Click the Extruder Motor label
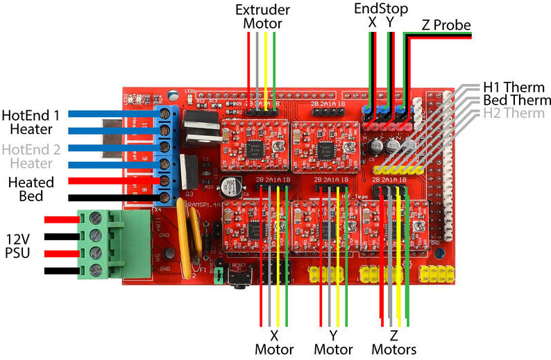(x=262, y=17)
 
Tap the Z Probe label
(x=445, y=26)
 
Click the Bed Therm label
(x=517, y=101)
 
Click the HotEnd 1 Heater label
(x=31, y=121)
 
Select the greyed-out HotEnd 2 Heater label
(x=31, y=155)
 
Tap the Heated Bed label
(x=31, y=189)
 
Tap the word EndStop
(x=381, y=8)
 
